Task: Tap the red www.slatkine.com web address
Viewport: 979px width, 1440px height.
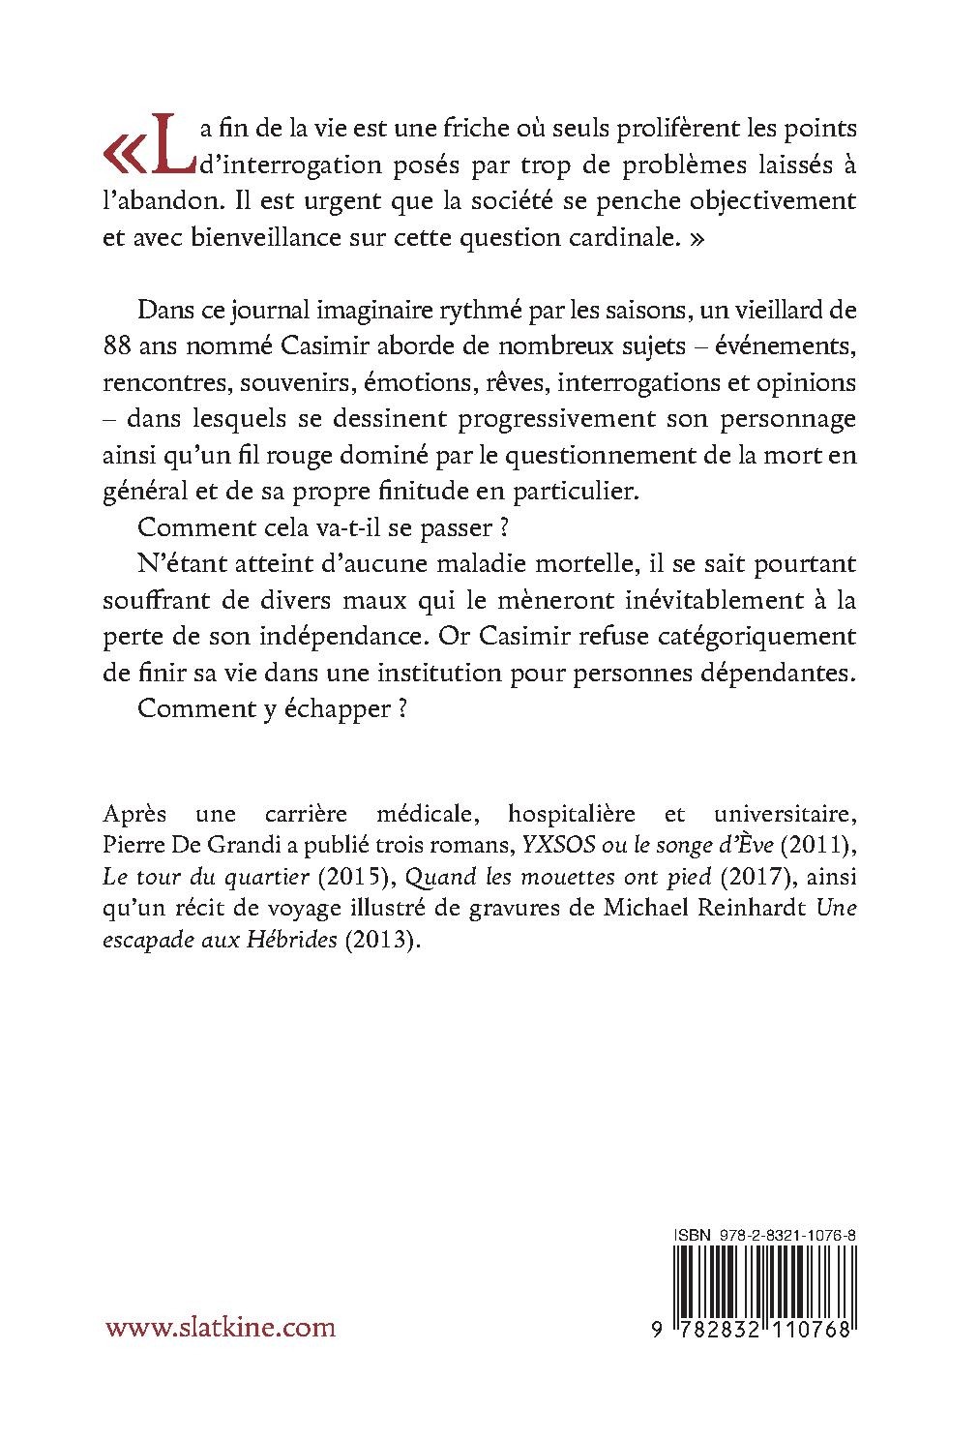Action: (x=220, y=1327)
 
